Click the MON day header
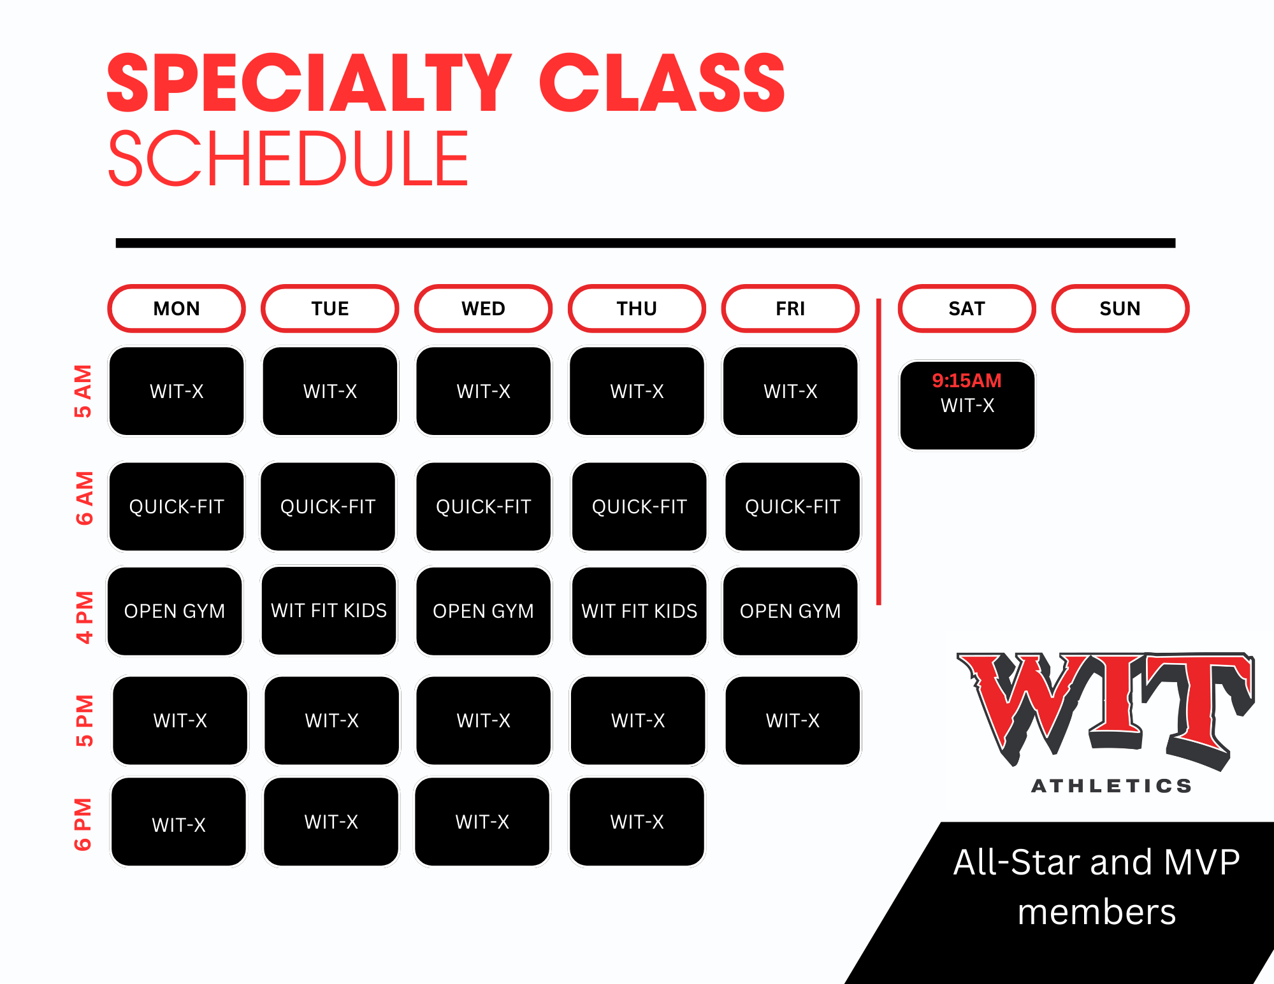(x=177, y=308)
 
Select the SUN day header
(x=1120, y=308)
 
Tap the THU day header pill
(x=637, y=308)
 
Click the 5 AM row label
(x=83, y=391)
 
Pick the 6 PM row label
(x=83, y=824)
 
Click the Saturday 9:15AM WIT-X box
(x=967, y=405)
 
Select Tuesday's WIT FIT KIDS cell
(x=329, y=611)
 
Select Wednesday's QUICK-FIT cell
(x=484, y=507)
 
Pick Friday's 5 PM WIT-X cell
(x=793, y=720)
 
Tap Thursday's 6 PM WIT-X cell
(x=637, y=822)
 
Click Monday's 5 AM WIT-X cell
(x=177, y=391)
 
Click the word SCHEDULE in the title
(x=289, y=158)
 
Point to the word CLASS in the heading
(x=662, y=83)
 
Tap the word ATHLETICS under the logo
(x=1111, y=786)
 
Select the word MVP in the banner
(x=1201, y=862)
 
